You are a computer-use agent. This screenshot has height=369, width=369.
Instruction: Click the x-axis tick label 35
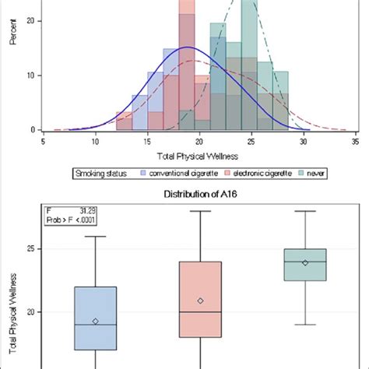[x=355, y=142]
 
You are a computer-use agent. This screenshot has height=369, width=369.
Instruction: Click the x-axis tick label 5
[x=44, y=142]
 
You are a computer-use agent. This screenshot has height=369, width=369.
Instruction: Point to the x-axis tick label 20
[x=199, y=142]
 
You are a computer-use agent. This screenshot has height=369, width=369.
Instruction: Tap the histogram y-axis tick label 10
[x=27, y=76]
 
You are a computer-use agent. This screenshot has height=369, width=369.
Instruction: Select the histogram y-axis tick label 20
[x=27, y=21]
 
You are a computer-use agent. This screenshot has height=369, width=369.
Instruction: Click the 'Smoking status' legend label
[x=100, y=173]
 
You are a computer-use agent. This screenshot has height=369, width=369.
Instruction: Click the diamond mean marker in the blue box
[x=96, y=321]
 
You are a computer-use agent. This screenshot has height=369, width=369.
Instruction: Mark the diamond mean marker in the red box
[x=200, y=300]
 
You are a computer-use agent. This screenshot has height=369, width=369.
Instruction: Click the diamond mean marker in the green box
[x=305, y=262]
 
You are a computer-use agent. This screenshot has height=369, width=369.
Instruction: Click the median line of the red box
[x=200, y=312]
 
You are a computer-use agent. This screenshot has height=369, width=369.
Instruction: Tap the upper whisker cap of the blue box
[x=96, y=236]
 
